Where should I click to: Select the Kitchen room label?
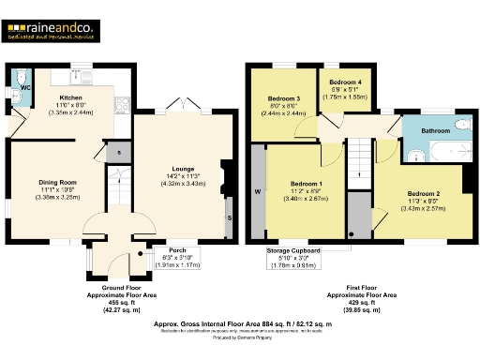(72, 97)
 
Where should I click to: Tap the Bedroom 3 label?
(284, 97)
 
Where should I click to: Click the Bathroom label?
(434, 130)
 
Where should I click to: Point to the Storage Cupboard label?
(293, 251)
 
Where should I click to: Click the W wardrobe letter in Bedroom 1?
(256, 194)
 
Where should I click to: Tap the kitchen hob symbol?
(119, 103)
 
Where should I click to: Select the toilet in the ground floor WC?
(22, 78)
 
